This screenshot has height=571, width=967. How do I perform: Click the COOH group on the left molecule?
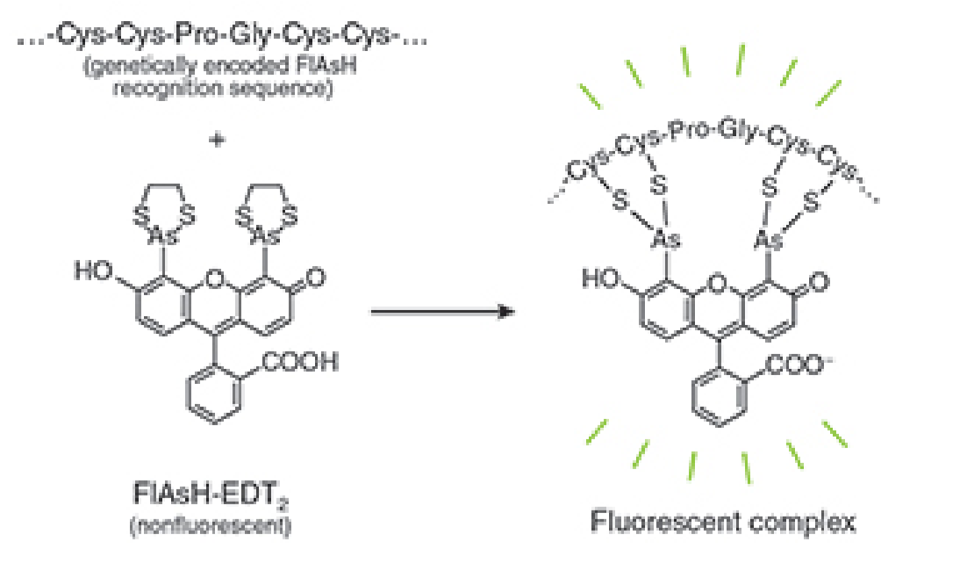(x=299, y=362)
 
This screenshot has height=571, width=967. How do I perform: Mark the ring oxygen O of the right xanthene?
(x=719, y=283)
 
